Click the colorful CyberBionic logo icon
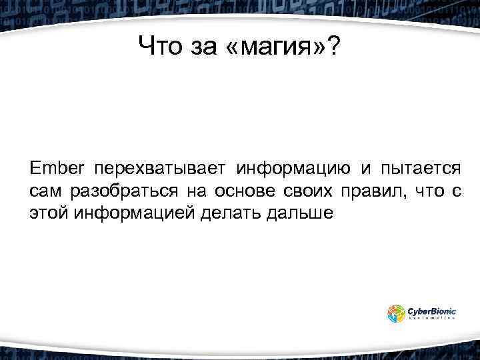(x=397, y=312)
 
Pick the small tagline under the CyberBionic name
(x=431, y=319)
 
